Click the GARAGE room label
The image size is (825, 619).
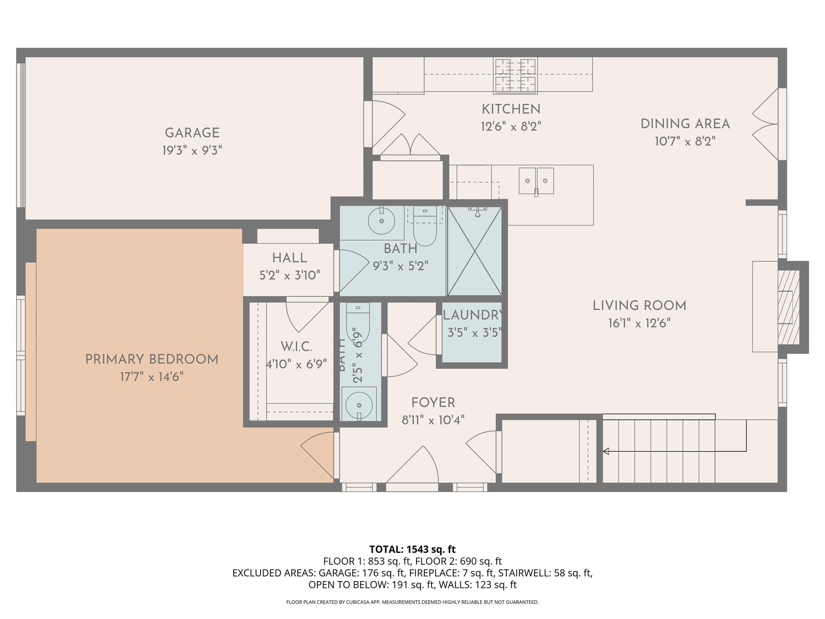coord(192,133)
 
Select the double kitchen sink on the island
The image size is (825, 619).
coord(536,181)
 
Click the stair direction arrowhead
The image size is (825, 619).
coord(605,451)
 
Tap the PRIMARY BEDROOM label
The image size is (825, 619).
coord(152,359)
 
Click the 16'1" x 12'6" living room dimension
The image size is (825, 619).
coord(639,324)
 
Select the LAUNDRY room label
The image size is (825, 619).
coord(473,315)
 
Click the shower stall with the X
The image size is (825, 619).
coord(475,251)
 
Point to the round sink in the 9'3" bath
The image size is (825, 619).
coord(381,221)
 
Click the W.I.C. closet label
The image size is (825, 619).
coord(296,346)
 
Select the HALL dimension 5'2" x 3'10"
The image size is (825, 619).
coord(290,275)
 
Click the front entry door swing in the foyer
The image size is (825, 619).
coord(415,467)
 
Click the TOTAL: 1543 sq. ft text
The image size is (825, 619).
coord(412,549)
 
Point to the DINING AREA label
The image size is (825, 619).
coord(685,124)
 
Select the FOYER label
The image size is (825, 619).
coord(433,403)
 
